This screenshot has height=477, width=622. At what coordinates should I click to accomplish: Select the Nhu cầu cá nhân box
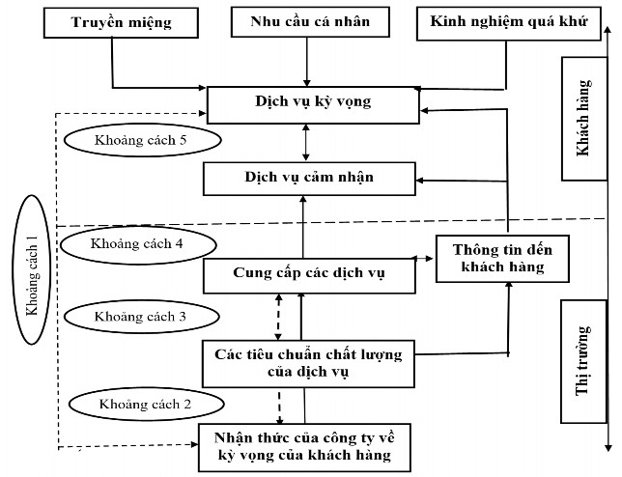coord(306,21)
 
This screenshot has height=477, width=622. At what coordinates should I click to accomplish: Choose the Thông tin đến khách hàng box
coord(496,257)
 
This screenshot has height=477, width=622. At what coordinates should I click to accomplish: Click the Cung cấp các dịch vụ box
coord(308,273)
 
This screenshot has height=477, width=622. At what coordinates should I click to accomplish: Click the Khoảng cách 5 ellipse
coord(142,140)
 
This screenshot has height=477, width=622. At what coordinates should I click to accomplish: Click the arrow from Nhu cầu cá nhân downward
coord(306,62)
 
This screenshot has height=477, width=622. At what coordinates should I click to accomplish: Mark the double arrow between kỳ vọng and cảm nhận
coord(306,142)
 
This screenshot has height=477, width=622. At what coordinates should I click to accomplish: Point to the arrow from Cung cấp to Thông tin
coord(424,259)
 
